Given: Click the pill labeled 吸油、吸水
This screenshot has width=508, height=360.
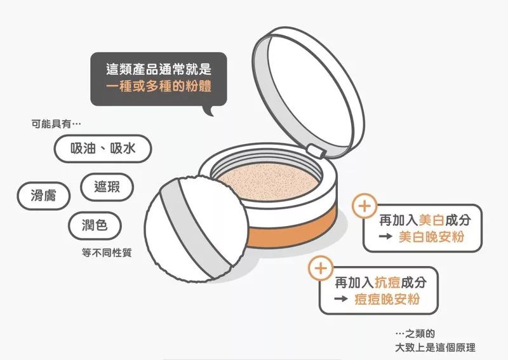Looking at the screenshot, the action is (x=103, y=149).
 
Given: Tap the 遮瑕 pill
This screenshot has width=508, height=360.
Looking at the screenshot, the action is (x=107, y=187).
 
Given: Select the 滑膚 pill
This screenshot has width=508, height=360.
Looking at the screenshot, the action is (x=43, y=196).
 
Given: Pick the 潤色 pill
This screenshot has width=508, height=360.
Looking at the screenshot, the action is (x=95, y=225).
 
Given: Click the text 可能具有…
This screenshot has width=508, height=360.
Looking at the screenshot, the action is (x=56, y=124).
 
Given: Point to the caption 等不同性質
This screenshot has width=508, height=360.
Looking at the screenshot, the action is (x=107, y=253).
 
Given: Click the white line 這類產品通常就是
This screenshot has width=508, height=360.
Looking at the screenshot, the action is (x=159, y=69).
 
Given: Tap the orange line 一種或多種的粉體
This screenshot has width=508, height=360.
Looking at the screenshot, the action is (x=159, y=86).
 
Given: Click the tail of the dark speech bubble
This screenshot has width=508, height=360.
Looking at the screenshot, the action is (x=210, y=110).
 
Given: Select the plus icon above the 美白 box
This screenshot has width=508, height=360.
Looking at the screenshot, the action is (x=364, y=206).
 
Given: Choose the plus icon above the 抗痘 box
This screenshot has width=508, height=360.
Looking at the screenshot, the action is (x=321, y=269).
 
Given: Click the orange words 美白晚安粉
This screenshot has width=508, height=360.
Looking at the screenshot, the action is (x=432, y=237).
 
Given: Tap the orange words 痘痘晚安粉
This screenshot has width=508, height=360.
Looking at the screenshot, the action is (x=387, y=299).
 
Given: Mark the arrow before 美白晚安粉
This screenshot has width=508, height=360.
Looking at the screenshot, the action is (x=385, y=237).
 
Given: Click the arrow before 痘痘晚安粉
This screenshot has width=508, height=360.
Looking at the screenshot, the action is (x=341, y=299).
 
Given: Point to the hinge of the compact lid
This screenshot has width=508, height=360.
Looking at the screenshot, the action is (x=316, y=151).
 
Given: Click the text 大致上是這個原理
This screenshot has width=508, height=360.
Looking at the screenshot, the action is (x=435, y=348).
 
